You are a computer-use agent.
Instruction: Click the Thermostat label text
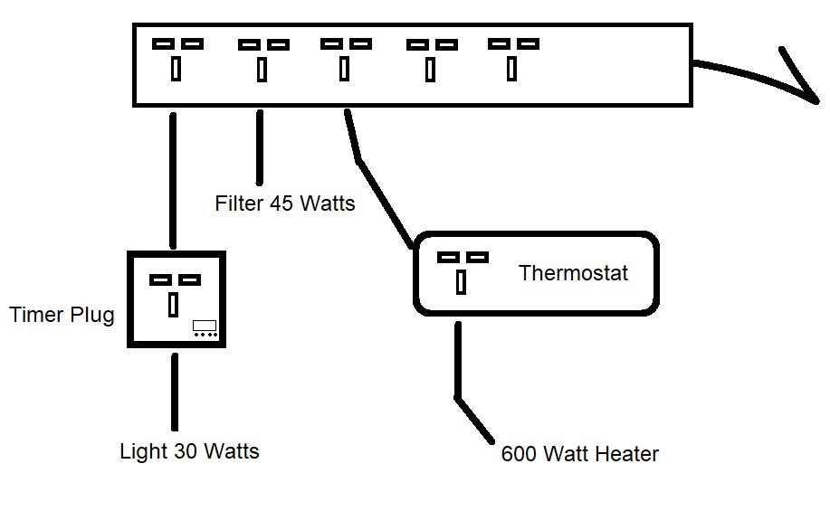coord(573,273)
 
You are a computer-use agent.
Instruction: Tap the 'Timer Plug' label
coord(62,315)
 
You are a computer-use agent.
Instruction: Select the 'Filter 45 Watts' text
coord(285,203)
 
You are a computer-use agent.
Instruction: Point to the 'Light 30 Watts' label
coord(189,450)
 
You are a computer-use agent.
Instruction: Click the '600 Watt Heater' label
coord(579,454)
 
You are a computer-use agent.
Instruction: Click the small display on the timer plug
coord(204,326)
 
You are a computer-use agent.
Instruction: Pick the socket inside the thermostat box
coord(463,270)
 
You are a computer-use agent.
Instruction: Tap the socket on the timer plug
coord(174,292)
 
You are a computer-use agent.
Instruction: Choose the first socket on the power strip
coord(176,57)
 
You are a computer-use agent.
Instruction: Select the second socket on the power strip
coord(262,57)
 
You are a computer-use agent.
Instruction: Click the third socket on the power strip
coord(345,57)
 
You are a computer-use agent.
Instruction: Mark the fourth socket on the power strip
coord(431,57)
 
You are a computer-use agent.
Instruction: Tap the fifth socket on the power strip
coord(512,57)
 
